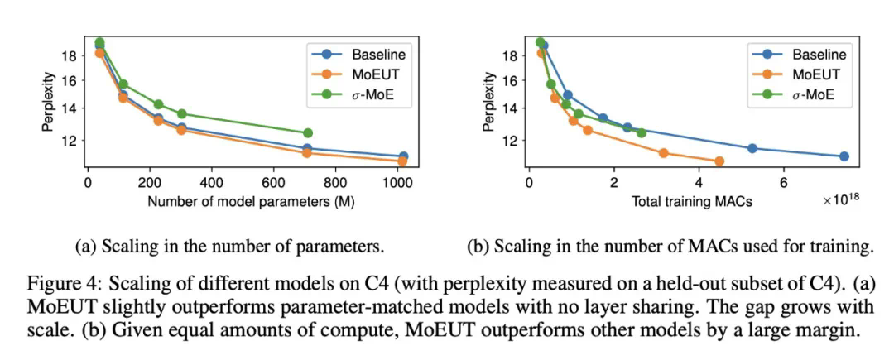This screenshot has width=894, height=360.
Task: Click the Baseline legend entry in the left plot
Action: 376,55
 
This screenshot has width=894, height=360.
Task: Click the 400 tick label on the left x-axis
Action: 211,183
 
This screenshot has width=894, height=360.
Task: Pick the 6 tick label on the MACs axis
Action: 784,183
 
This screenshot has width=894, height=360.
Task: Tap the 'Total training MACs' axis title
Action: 692,201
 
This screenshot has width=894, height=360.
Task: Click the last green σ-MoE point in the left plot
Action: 308,132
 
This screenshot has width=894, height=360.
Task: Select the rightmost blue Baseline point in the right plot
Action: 844,156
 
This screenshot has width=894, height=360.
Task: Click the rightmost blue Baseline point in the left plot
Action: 403,156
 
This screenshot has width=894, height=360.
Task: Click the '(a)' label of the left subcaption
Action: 84,246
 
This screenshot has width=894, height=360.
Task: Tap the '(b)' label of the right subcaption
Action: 479,246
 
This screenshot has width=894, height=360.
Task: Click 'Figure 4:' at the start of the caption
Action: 51,281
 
